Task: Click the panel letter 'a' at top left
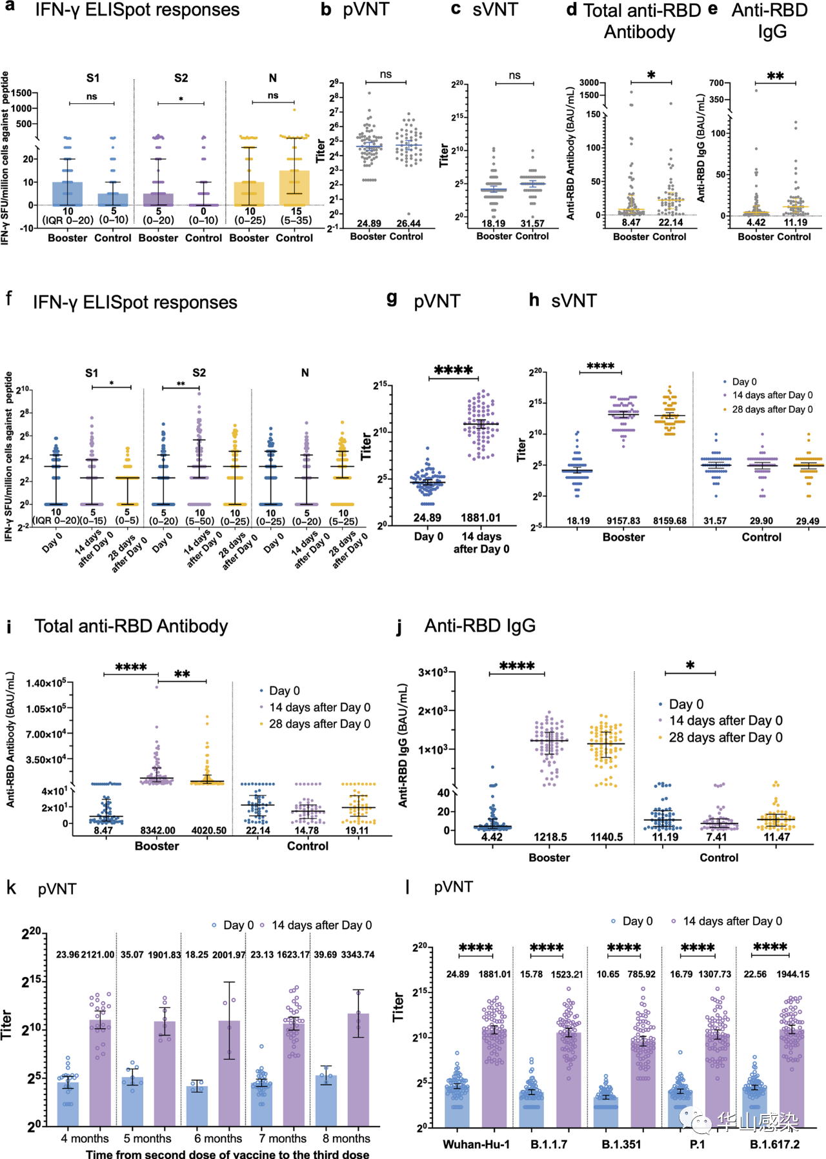(10, 9)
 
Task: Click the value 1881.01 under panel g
(480, 518)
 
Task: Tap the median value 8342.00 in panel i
(157, 831)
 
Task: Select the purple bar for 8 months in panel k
(358, 1071)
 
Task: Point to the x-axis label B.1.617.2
(774, 1144)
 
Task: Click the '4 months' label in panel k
(85, 1138)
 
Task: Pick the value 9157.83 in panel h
(623, 521)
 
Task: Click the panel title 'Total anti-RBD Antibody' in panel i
(131, 626)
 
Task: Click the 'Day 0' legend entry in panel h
(744, 381)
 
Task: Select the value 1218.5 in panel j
(550, 837)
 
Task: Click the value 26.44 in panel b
(408, 223)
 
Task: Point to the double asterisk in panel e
(775, 77)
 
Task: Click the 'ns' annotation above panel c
(514, 76)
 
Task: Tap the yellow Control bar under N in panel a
(294, 188)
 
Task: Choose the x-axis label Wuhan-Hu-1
(476, 1144)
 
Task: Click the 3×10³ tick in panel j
(433, 672)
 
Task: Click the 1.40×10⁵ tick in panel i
(46, 683)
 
